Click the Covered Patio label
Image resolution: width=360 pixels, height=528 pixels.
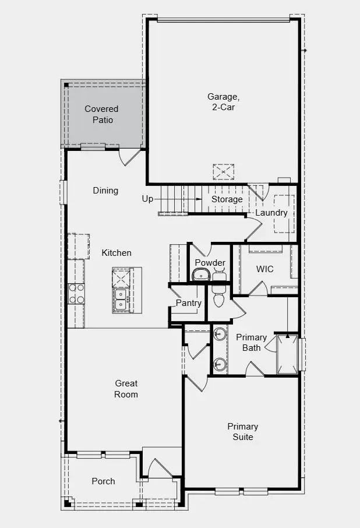(101, 114)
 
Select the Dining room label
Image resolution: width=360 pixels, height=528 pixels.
(105, 191)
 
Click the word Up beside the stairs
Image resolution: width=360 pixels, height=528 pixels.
(147, 199)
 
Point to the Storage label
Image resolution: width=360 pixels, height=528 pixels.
(227, 199)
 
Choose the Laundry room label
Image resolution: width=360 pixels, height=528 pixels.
(271, 213)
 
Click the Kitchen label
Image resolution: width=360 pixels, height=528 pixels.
(117, 253)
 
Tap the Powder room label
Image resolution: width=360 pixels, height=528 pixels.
(210, 263)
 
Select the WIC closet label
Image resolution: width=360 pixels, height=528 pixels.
(265, 269)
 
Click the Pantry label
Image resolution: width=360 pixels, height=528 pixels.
(189, 303)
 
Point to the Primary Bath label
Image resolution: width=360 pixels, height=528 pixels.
(252, 343)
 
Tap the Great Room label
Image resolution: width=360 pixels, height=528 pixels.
(126, 389)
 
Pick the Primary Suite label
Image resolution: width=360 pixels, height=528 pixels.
(243, 431)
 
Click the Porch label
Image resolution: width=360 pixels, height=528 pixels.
(103, 481)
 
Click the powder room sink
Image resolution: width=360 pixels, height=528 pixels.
(201, 275)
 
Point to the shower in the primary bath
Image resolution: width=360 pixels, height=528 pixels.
(287, 354)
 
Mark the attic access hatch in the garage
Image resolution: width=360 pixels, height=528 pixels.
(222, 172)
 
